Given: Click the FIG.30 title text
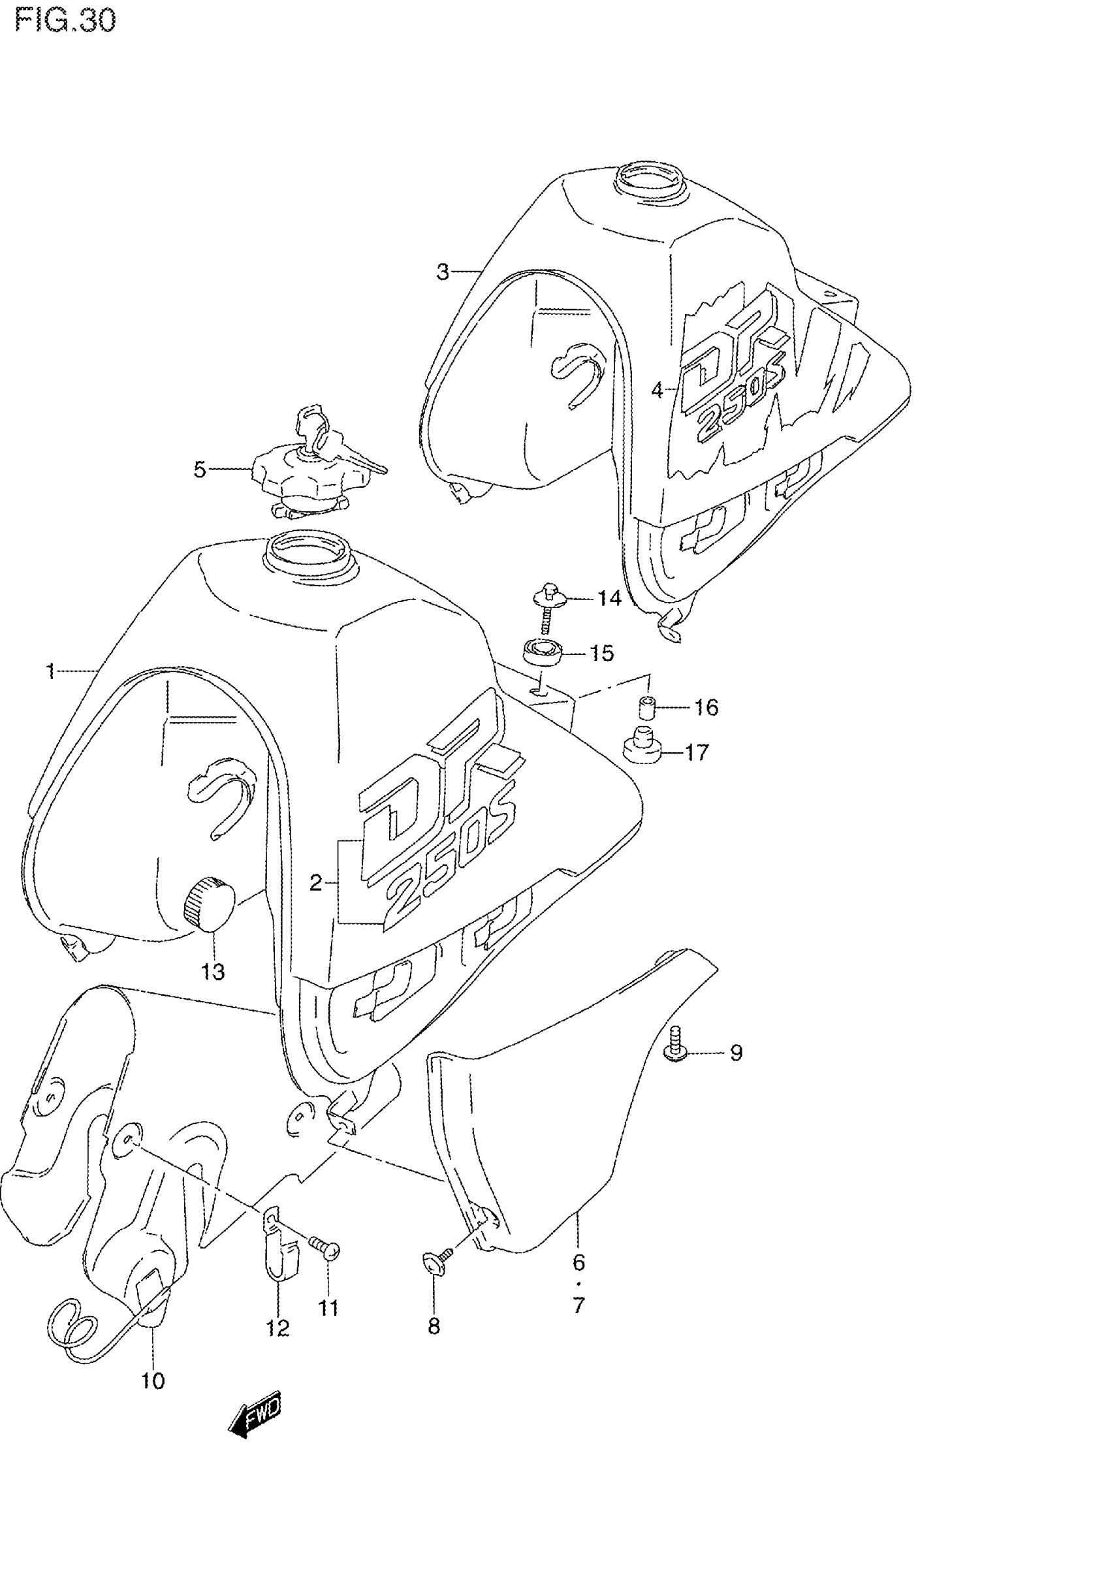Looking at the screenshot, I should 65,21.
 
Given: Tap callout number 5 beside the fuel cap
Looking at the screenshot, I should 200,471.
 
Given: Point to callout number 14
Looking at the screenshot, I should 609,598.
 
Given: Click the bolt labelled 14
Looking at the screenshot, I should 547,597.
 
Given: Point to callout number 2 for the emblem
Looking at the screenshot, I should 315,884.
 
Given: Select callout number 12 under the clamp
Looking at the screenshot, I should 277,1328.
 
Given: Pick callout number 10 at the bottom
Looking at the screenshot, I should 153,1380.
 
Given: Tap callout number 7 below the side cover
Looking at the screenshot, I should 579,1305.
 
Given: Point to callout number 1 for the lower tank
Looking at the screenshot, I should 50,671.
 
